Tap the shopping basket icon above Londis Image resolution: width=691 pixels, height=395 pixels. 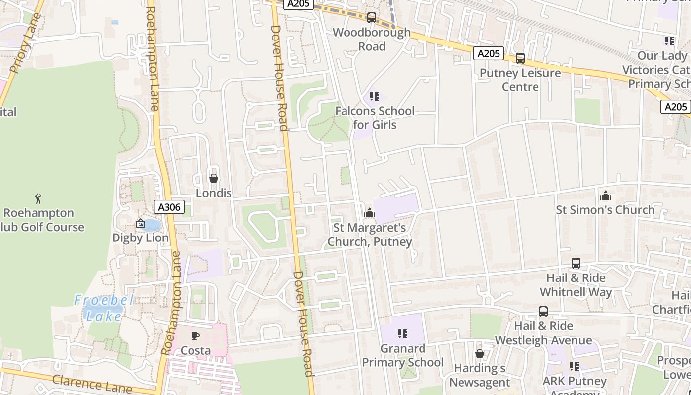(x=214, y=178)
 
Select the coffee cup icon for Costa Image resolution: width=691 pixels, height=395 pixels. (x=195, y=336)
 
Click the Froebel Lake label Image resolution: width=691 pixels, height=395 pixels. (x=104, y=308)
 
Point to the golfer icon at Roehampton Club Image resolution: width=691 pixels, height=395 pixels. (x=38, y=198)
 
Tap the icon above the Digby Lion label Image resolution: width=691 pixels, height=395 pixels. (x=141, y=224)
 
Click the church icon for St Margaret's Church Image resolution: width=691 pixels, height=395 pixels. (x=369, y=213)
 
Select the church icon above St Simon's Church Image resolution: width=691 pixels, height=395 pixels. (x=606, y=196)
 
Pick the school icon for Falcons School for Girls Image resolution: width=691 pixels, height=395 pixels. (x=375, y=96)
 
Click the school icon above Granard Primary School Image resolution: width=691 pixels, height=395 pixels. (x=403, y=334)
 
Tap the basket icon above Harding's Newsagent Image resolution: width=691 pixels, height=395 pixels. (x=479, y=354)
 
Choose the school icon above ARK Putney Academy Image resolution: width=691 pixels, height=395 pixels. (x=575, y=366)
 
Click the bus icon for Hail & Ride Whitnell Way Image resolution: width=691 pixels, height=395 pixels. (x=576, y=263)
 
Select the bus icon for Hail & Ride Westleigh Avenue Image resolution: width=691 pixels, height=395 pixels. (x=543, y=312)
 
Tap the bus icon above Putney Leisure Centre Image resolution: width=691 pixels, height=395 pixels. (x=520, y=58)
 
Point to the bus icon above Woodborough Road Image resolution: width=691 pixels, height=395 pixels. (x=372, y=18)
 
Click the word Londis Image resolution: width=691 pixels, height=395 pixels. (x=214, y=193)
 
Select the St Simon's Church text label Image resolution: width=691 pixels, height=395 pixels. (x=605, y=210)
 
